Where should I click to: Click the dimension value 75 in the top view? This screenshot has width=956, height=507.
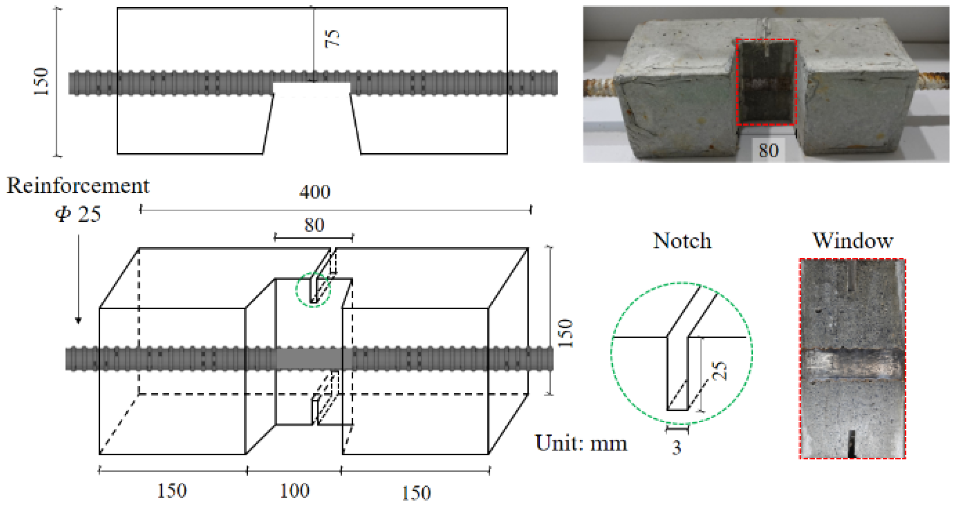(x=332, y=39)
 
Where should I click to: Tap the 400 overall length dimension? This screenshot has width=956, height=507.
(x=315, y=192)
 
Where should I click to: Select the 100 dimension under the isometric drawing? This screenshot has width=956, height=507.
(x=295, y=491)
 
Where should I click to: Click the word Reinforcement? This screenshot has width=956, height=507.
(x=78, y=186)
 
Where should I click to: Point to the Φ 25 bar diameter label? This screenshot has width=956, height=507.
(x=78, y=214)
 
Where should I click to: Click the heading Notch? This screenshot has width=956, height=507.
(x=682, y=241)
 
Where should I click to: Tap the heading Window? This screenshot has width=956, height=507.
(x=853, y=241)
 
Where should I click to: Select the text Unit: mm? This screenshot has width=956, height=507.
(x=581, y=443)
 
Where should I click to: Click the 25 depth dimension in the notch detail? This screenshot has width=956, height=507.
(x=719, y=370)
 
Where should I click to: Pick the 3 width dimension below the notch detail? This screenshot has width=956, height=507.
(x=676, y=448)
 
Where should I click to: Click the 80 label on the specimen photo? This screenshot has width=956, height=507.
(x=768, y=151)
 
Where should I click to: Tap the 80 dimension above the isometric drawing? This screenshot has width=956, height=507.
(x=314, y=225)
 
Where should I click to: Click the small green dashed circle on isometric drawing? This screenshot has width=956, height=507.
(x=313, y=290)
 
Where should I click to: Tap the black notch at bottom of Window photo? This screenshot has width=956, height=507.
(x=852, y=444)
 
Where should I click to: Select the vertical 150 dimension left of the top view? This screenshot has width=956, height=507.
(x=41, y=81)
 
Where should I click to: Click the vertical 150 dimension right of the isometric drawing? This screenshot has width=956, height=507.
(x=566, y=333)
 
